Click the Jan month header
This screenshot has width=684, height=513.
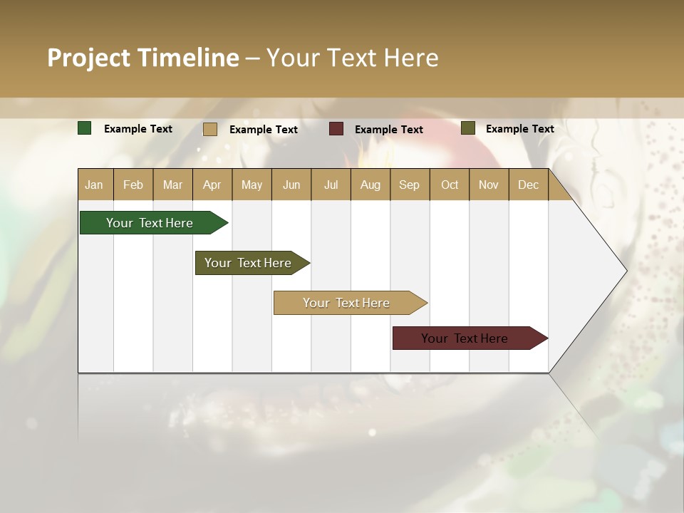click(x=95, y=185)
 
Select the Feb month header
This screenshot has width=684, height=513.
click(x=133, y=185)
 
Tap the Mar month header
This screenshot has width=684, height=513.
click(x=172, y=185)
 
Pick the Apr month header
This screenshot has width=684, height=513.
click(x=212, y=185)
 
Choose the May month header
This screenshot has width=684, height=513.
click(x=252, y=185)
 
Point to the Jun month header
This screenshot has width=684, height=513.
click(x=291, y=185)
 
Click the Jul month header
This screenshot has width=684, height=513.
click(x=331, y=185)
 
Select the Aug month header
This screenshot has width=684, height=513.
click(x=370, y=185)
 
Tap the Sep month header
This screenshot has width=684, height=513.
click(x=410, y=185)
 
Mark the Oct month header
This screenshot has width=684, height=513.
click(x=450, y=185)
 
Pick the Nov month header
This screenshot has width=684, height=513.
click(x=489, y=185)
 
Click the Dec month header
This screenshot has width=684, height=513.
click(x=529, y=185)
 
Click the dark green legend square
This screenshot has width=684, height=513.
click(x=85, y=128)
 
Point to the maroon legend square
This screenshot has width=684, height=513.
click(x=336, y=129)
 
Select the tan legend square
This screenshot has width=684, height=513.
click(x=210, y=129)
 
